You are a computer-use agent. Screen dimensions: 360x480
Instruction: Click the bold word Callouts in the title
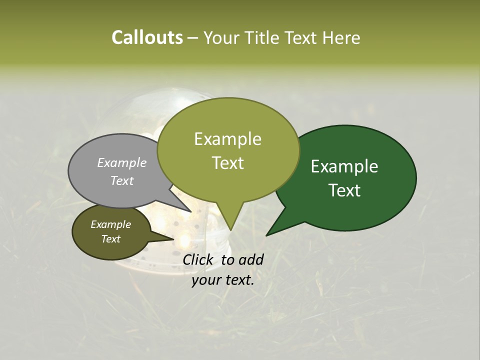click(x=147, y=37)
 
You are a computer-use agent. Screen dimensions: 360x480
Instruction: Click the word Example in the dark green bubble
click(x=344, y=166)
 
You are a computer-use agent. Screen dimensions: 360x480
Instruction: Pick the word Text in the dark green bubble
click(x=344, y=190)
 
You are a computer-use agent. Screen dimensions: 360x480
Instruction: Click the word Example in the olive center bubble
click(x=227, y=139)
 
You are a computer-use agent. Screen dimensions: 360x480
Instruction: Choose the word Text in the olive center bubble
click(x=228, y=163)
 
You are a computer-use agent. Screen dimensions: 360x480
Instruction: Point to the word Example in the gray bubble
click(x=122, y=162)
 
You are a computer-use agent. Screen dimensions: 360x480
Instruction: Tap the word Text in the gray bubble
click(x=122, y=180)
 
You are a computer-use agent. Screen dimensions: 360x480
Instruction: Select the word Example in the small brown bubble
click(x=110, y=224)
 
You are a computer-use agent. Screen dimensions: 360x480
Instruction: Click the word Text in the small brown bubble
click(x=110, y=239)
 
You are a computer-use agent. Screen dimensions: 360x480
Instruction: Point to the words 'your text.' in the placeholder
click(x=223, y=280)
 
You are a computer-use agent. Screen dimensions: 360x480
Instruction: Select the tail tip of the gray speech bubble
click(x=191, y=212)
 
